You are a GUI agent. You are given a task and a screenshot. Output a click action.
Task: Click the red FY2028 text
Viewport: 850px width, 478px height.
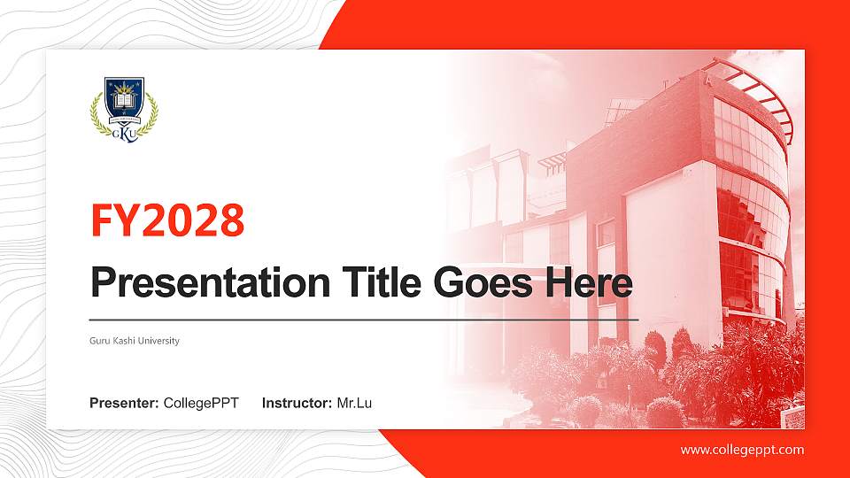(x=167, y=220)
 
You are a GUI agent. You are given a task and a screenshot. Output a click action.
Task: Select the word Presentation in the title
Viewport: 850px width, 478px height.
(x=211, y=283)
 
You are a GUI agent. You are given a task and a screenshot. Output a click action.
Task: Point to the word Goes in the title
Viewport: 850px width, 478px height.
(x=483, y=283)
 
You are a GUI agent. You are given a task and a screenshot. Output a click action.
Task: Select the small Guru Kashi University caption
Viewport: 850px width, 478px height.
(x=135, y=341)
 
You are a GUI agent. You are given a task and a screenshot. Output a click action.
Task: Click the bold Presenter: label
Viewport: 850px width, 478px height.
(x=124, y=404)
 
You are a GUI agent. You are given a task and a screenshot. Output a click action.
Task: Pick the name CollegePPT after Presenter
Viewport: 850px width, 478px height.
(x=201, y=404)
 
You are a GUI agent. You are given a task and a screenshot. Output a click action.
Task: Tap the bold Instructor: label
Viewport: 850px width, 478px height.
(x=297, y=404)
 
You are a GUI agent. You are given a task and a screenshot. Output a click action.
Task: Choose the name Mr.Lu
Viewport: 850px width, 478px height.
(x=354, y=404)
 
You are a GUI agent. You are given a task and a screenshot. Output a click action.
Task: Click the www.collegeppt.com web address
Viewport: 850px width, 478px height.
(x=742, y=450)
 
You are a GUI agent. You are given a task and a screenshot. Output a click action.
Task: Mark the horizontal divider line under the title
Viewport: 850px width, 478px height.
(x=364, y=320)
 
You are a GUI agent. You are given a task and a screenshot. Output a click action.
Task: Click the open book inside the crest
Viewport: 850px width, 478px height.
(x=125, y=101)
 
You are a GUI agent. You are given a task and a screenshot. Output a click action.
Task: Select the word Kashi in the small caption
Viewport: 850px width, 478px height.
(x=124, y=341)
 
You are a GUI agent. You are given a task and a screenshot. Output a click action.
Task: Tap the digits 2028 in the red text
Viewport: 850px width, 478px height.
(x=192, y=220)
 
